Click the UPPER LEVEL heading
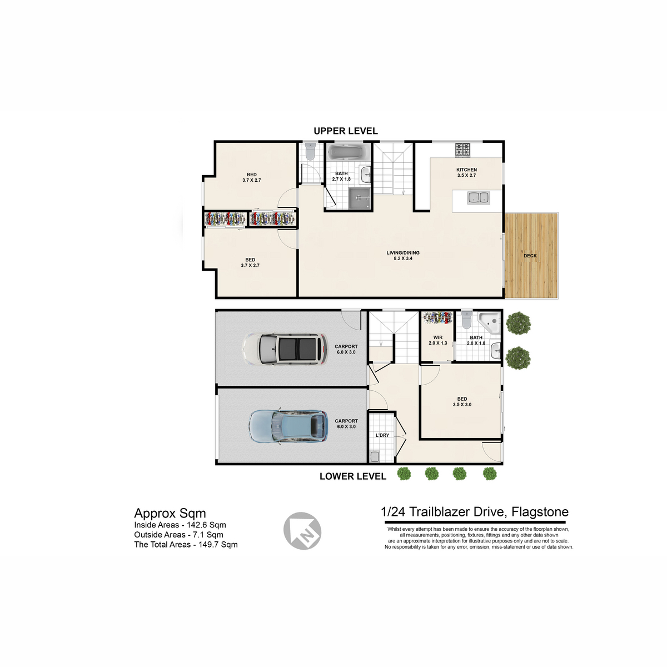345,131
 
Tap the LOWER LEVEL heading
353,476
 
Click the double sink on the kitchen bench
479,198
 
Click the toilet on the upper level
310,152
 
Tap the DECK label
530,256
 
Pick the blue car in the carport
288,426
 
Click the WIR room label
438,337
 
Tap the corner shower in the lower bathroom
489,322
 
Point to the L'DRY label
382,435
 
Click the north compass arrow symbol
302,531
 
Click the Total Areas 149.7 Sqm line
186,545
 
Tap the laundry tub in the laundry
375,457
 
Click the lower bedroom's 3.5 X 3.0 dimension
462,404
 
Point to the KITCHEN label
466,170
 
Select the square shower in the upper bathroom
359,198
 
